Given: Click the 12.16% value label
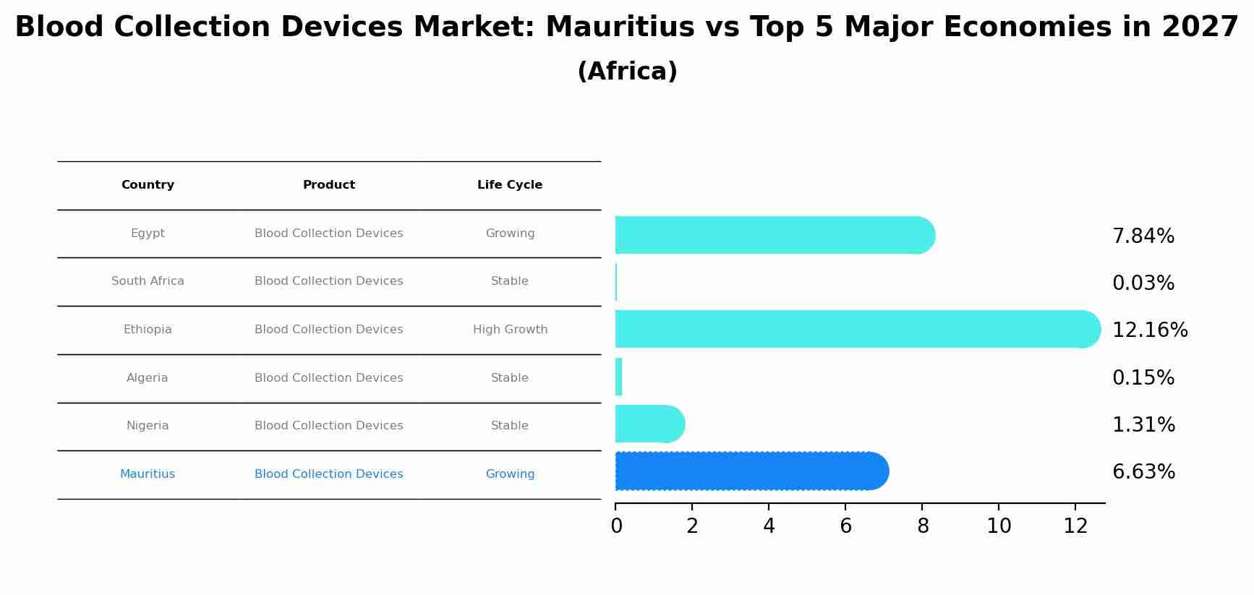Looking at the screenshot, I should [1149, 330].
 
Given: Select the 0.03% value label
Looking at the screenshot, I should [1143, 283].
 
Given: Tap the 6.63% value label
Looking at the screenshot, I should [1143, 472].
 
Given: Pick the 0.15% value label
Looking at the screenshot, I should [1143, 378].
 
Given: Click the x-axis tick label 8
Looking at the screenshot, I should [922, 526].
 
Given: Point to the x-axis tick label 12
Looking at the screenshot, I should [1075, 526].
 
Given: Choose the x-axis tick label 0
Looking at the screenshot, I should [616, 526].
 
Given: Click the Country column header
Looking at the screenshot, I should [148, 185].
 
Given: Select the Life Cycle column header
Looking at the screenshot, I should [510, 185].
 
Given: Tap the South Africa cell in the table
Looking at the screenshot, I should [148, 281].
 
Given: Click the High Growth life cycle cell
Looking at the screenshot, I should [510, 330].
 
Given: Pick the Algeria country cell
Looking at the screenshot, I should [147, 378].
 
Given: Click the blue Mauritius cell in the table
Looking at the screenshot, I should [148, 474].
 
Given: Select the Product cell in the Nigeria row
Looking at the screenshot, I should [328, 426].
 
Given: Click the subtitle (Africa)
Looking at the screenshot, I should [627, 72].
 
